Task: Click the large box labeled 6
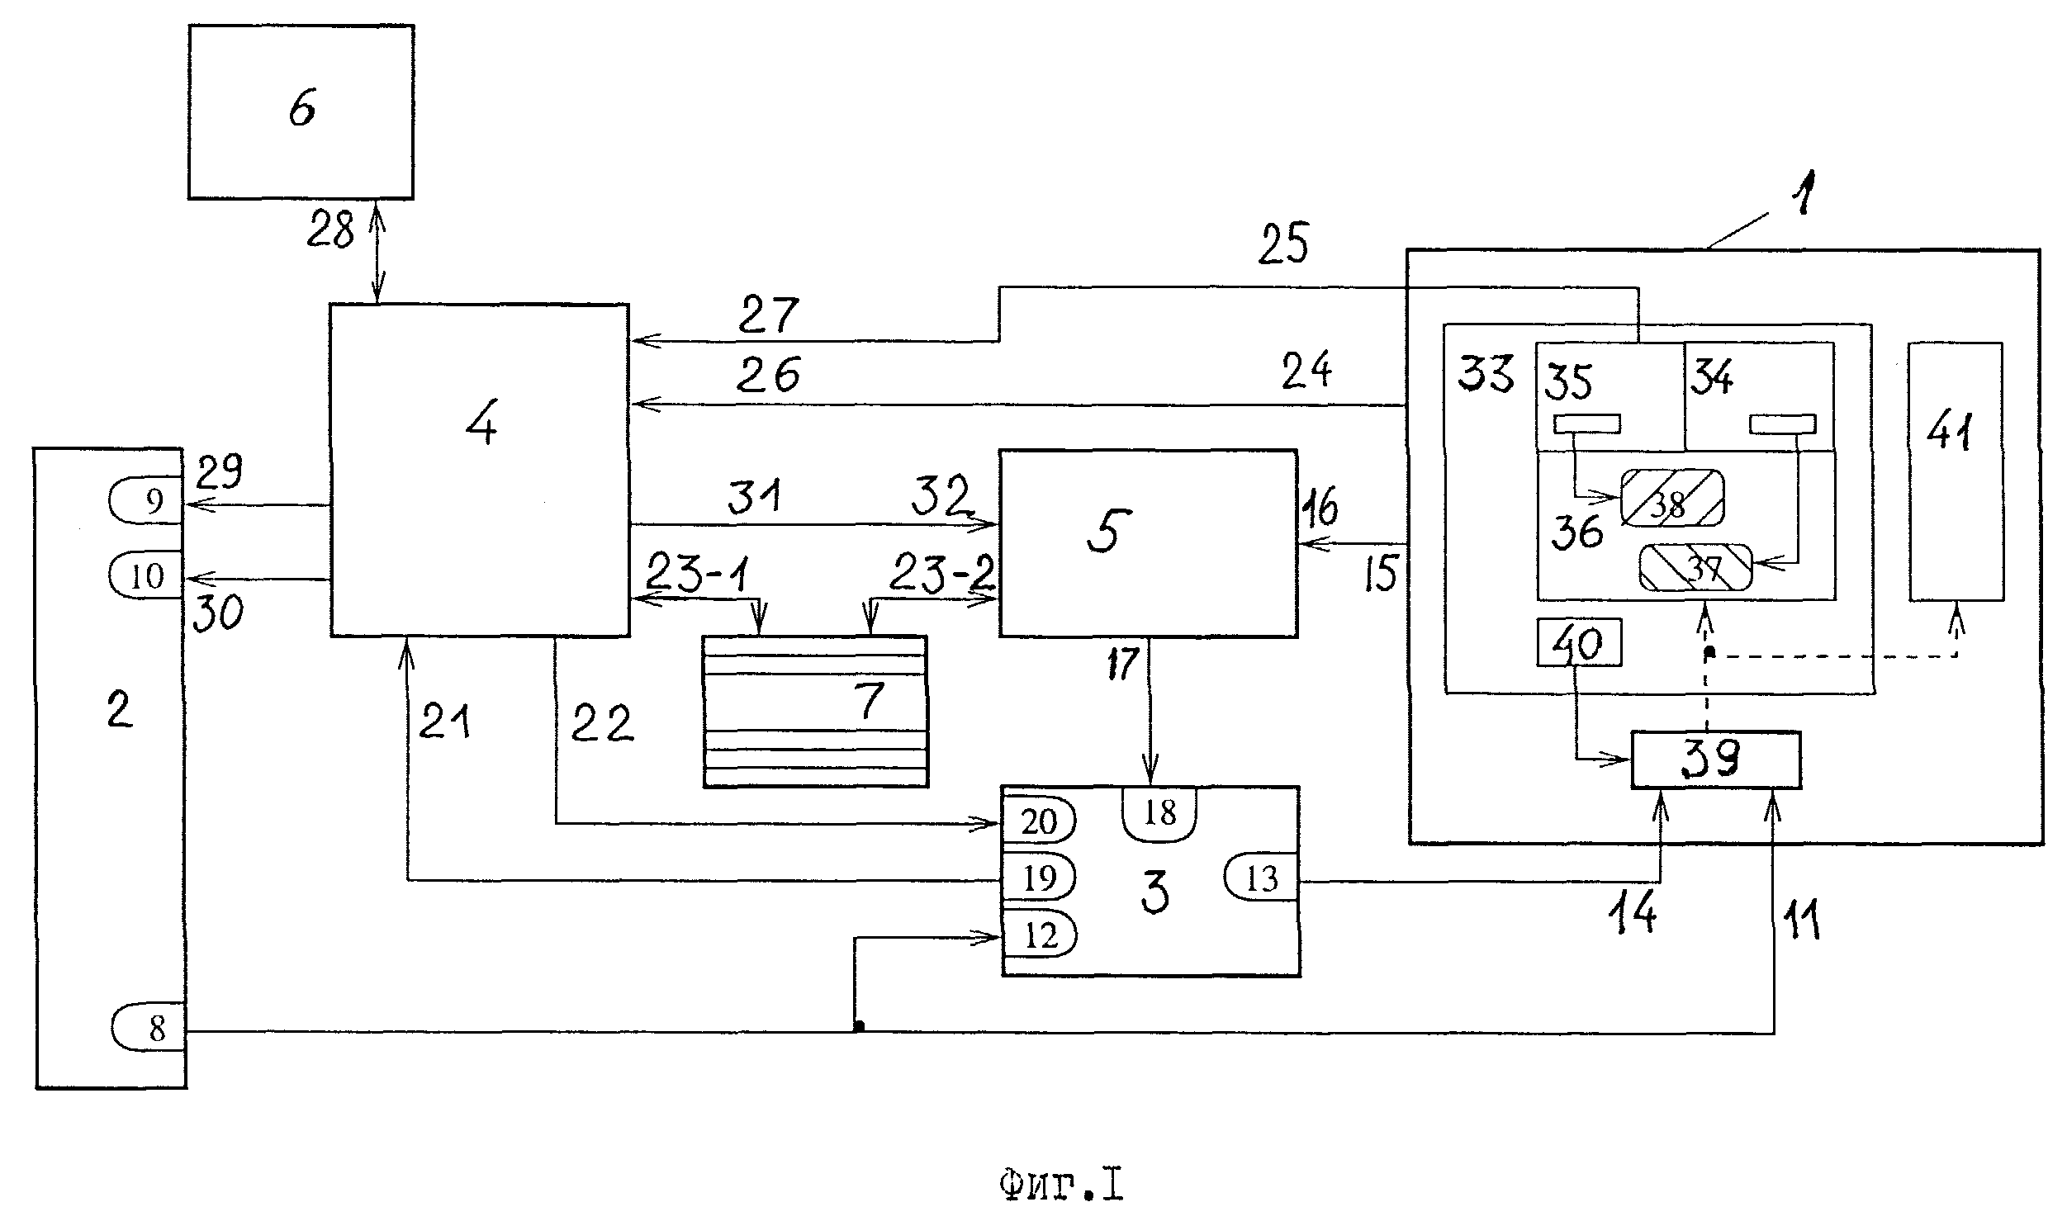(x=301, y=111)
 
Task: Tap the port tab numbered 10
(x=146, y=575)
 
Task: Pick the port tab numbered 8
(x=149, y=1028)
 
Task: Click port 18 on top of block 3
(x=1159, y=814)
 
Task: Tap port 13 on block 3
(x=1261, y=878)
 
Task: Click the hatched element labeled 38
(x=1671, y=497)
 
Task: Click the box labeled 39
(x=1715, y=760)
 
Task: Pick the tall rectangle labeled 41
(x=1956, y=471)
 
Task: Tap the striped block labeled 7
(x=815, y=711)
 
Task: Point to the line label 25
(x=1283, y=244)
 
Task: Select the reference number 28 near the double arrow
(x=330, y=230)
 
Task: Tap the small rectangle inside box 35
(x=1586, y=424)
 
